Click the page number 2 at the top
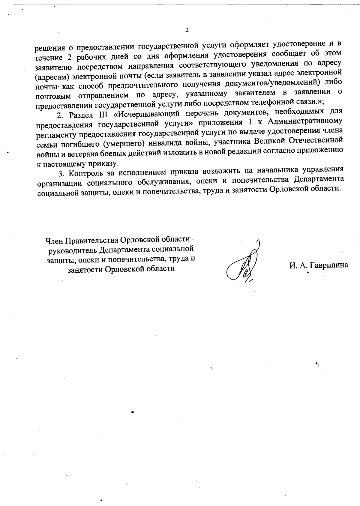187,30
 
